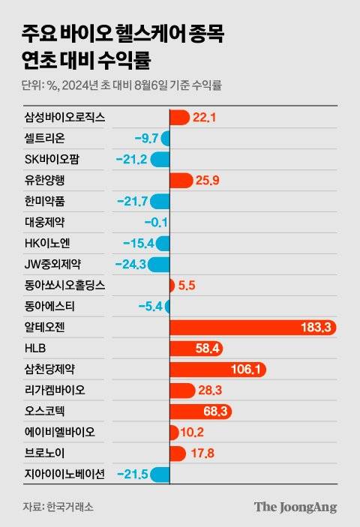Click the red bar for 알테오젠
[253, 328]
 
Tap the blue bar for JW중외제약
[158, 264]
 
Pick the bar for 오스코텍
[201, 412]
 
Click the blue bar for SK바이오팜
[160, 159]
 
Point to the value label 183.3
[316, 328]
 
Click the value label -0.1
[155, 222]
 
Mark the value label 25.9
[205, 180]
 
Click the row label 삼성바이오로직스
[64, 117]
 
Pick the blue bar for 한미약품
[159, 201]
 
